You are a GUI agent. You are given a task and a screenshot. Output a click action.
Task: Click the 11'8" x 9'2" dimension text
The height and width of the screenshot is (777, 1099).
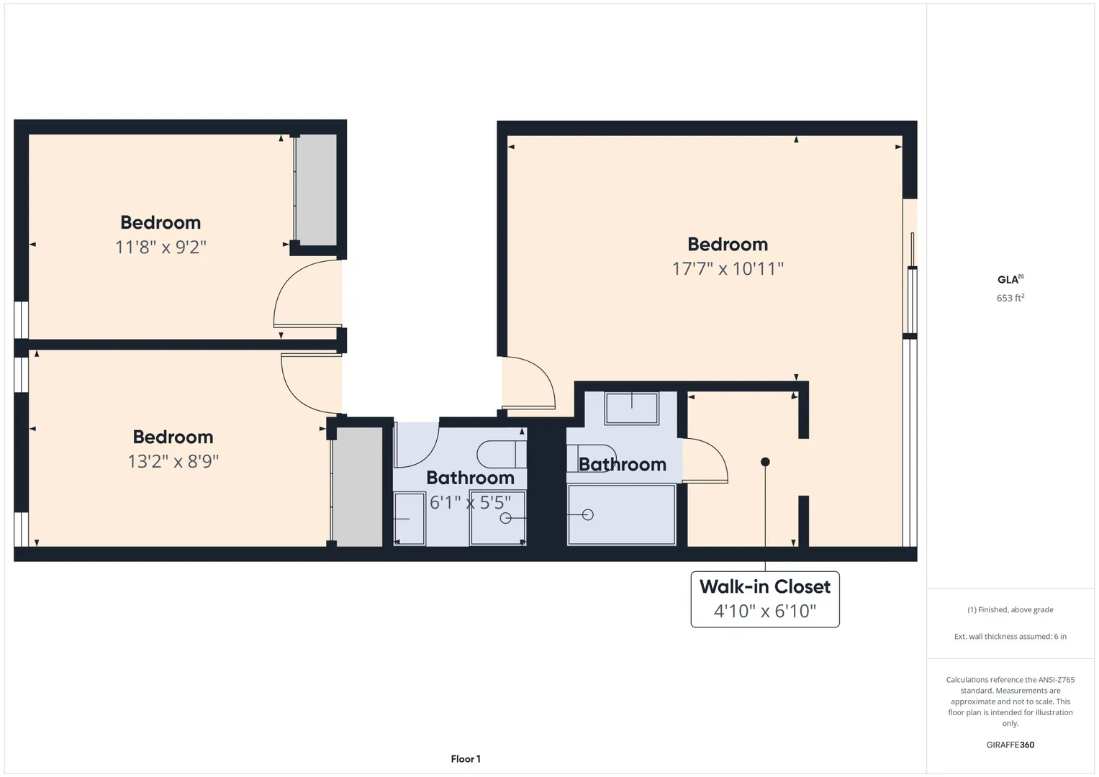(x=161, y=247)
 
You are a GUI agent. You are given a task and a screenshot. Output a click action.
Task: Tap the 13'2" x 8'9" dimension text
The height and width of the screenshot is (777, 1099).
(x=173, y=461)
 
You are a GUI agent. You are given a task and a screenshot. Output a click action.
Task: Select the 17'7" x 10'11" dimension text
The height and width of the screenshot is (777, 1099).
(x=728, y=268)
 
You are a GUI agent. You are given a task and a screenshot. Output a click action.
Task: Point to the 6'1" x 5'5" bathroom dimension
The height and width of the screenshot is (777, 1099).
(x=470, y=502)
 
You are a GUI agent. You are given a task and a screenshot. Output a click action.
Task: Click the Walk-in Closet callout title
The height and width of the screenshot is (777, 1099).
(x=765, y=586)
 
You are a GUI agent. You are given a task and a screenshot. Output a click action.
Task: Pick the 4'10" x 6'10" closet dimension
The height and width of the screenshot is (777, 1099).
(x=765, y=612)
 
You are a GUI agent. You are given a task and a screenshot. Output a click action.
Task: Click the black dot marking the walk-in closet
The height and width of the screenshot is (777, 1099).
(x=765, y=462)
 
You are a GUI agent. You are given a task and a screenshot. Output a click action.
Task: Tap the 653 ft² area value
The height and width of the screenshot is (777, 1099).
(x=1010, y=298)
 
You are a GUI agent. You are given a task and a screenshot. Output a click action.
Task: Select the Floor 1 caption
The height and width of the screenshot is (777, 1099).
(x=466, y=759)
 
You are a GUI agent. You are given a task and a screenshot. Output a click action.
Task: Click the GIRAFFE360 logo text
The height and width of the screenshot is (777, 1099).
(x=1010, y=745)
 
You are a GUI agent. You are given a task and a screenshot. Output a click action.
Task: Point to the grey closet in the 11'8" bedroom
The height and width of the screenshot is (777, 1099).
(x=316, y=190)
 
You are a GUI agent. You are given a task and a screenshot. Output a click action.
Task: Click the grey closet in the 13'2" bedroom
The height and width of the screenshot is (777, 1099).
(x=358, y=486)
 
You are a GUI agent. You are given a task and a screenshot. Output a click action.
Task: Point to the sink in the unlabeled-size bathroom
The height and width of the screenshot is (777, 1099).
(x=631, y=408)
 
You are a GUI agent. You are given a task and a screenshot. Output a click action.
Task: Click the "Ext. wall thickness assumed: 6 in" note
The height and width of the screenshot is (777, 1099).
(x=1010, y=636)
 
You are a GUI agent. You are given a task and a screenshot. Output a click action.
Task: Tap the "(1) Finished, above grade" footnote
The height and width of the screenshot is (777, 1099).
(x=1010, y=610)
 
